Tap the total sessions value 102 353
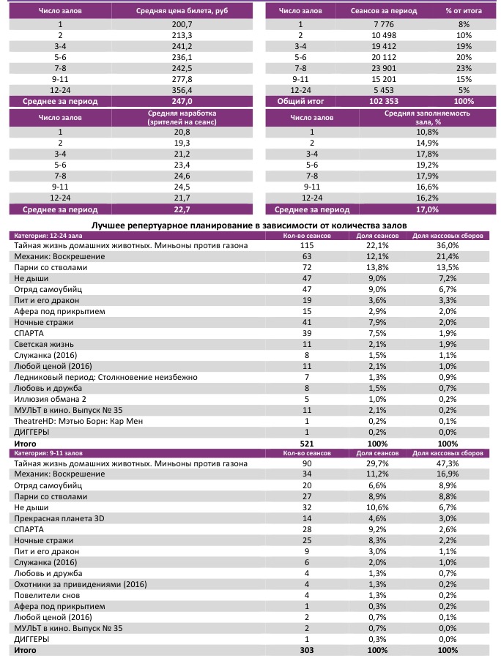tap(384, 100)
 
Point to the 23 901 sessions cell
tap(384, 67)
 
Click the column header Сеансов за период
tap(384, 11)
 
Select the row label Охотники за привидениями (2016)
tap(81, 583)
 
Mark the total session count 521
tap(307, 444)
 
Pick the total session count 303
tap(307, 650)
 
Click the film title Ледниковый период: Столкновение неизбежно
tap(105, 377)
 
